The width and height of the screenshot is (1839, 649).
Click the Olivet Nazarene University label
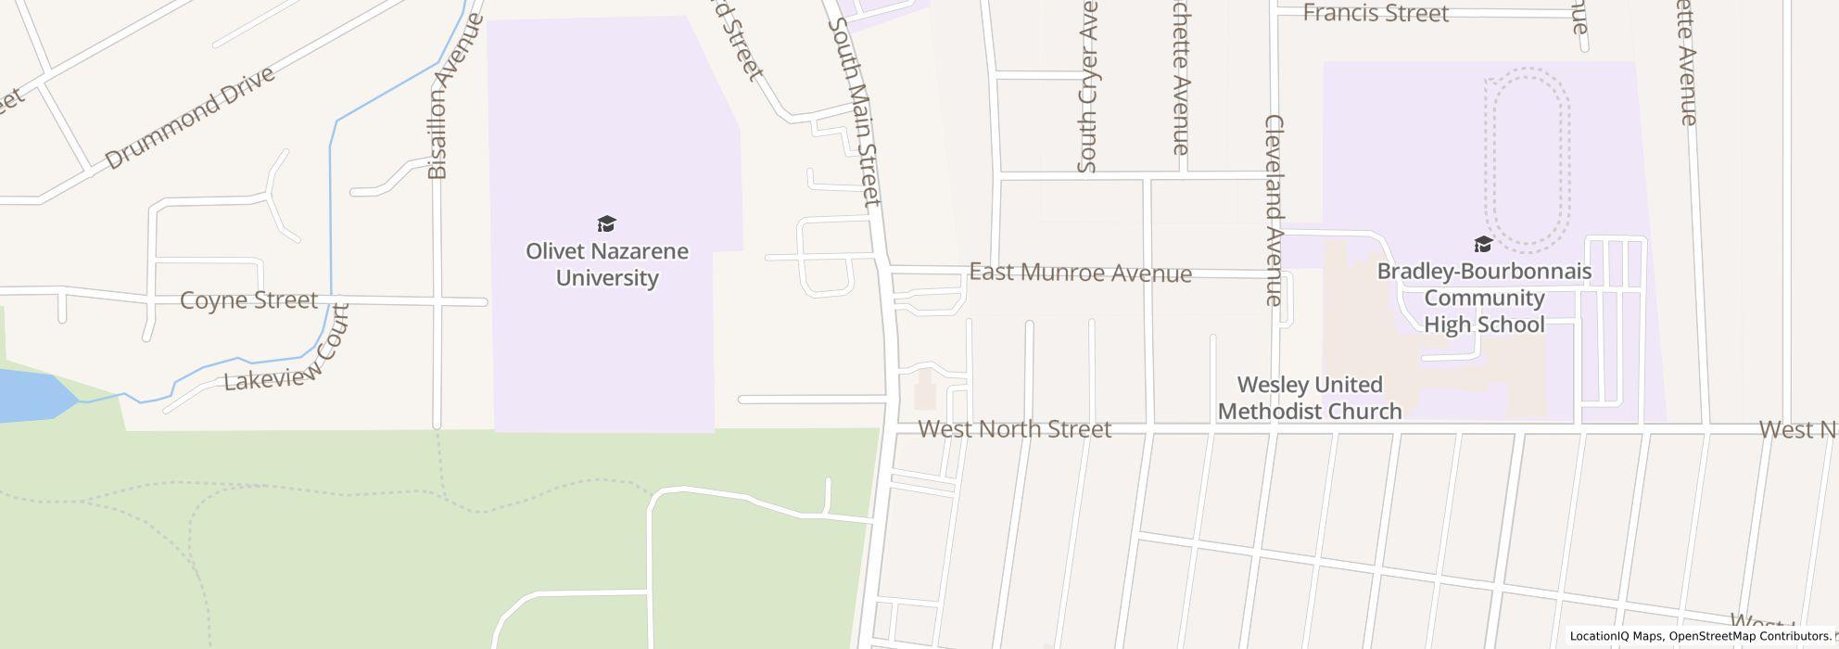[x=607, y=264]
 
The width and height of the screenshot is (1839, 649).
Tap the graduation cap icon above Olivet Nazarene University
[x=606, y=224]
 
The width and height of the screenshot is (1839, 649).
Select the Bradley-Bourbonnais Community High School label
[x=1484, y=298]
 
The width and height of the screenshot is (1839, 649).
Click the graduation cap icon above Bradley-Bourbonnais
[x=1483, y=245]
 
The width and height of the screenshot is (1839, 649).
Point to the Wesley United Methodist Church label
[x=1310, y=398]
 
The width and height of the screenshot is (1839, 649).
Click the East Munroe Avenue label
[x=1080, y=273]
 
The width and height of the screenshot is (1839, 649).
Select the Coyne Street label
[x=248, y=300]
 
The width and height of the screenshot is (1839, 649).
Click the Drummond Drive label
[x=190, y=118]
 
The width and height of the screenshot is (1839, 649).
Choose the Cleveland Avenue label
[x=1274, y=210]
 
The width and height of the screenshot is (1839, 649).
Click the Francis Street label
[x=1376, y=13]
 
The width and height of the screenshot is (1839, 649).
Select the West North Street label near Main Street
[x=1015, y=429]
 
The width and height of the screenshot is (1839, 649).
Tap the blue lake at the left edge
[x=28, y=395]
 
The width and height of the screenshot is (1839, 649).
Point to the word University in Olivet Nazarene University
[x=607, y=278]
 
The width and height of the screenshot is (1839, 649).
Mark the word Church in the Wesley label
[x=1365, y=411]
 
